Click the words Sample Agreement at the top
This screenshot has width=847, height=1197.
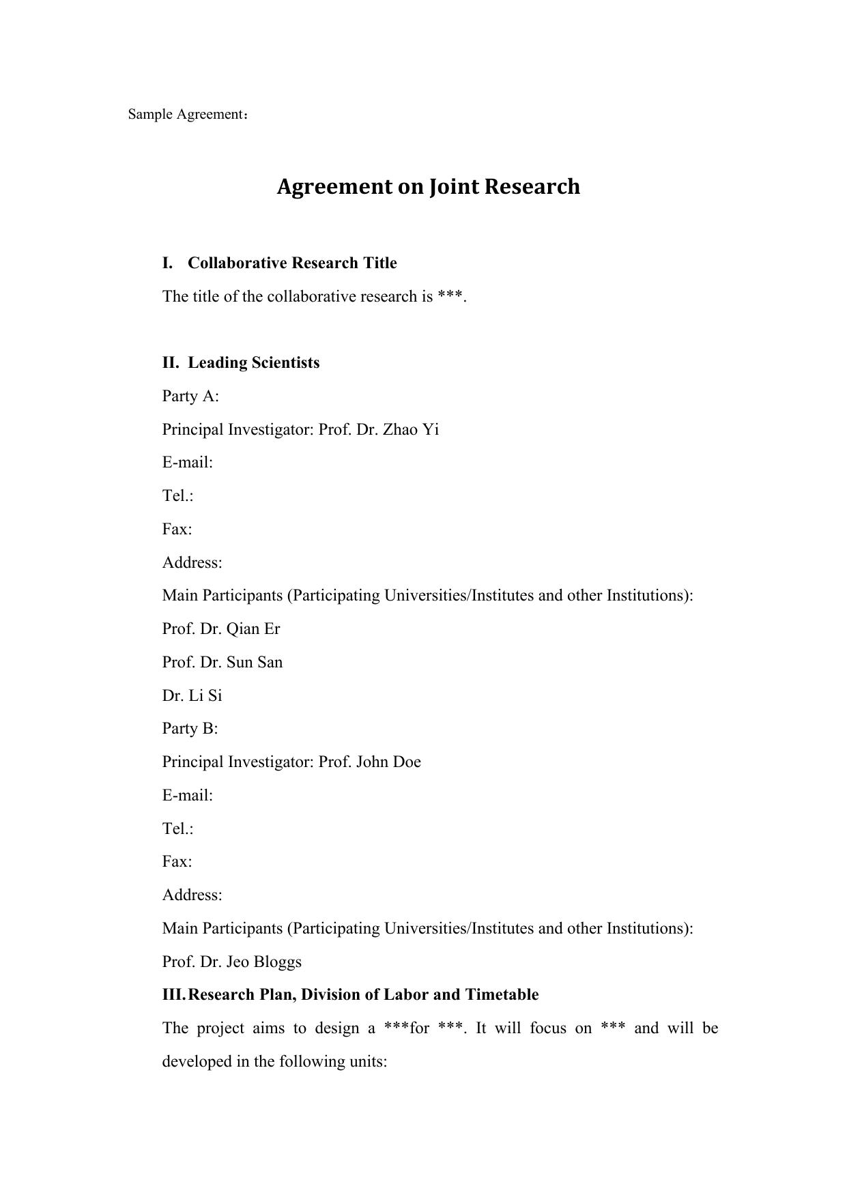185,114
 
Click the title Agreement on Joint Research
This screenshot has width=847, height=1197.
428,186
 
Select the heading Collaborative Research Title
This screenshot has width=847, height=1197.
292,263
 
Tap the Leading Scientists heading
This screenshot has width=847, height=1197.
253,362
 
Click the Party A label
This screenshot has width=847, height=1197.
190,396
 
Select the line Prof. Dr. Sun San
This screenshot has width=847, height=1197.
222,662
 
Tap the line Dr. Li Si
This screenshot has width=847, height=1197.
192,695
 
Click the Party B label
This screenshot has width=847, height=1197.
190,728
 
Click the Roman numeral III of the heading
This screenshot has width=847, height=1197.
173,994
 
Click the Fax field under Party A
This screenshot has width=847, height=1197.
177,529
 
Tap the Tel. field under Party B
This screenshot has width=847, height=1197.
177,828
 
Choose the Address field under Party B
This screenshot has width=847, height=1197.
192,895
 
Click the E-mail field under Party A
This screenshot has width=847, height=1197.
188,463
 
